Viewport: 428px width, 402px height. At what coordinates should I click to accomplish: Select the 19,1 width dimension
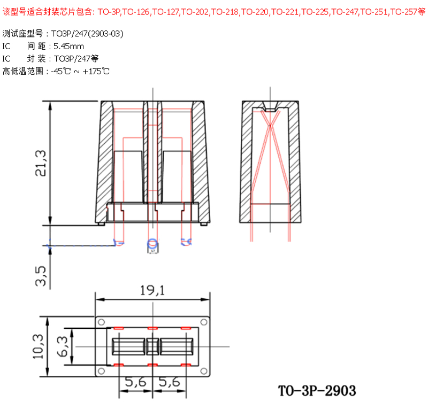click(x=152, y=291)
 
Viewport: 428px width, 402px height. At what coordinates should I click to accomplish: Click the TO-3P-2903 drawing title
click(x=317, y=389)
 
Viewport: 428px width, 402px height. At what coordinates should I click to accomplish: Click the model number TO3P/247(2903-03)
click(x=88, y=34)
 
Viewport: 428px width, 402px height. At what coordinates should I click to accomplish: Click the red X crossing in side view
click(x=271, y=128)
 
